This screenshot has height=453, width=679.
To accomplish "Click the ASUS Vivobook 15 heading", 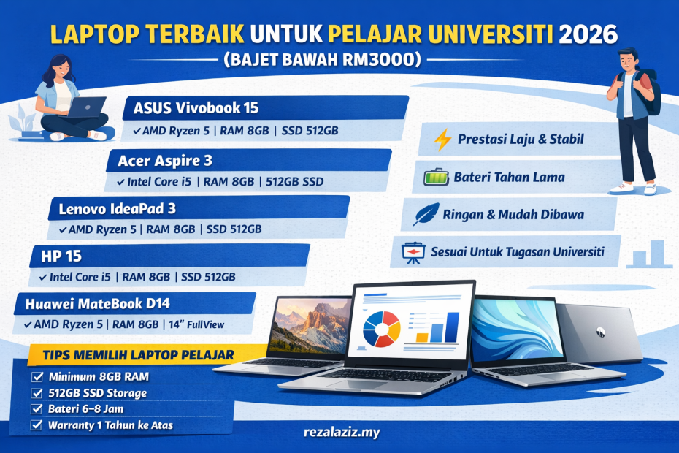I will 196,109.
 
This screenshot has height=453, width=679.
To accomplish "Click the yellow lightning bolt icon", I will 442,140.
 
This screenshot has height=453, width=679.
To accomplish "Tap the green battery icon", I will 437,178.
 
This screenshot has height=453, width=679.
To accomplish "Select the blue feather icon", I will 425,215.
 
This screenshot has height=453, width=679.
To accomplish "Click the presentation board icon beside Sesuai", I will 413,253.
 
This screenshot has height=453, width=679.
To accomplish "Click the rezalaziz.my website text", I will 341,433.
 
